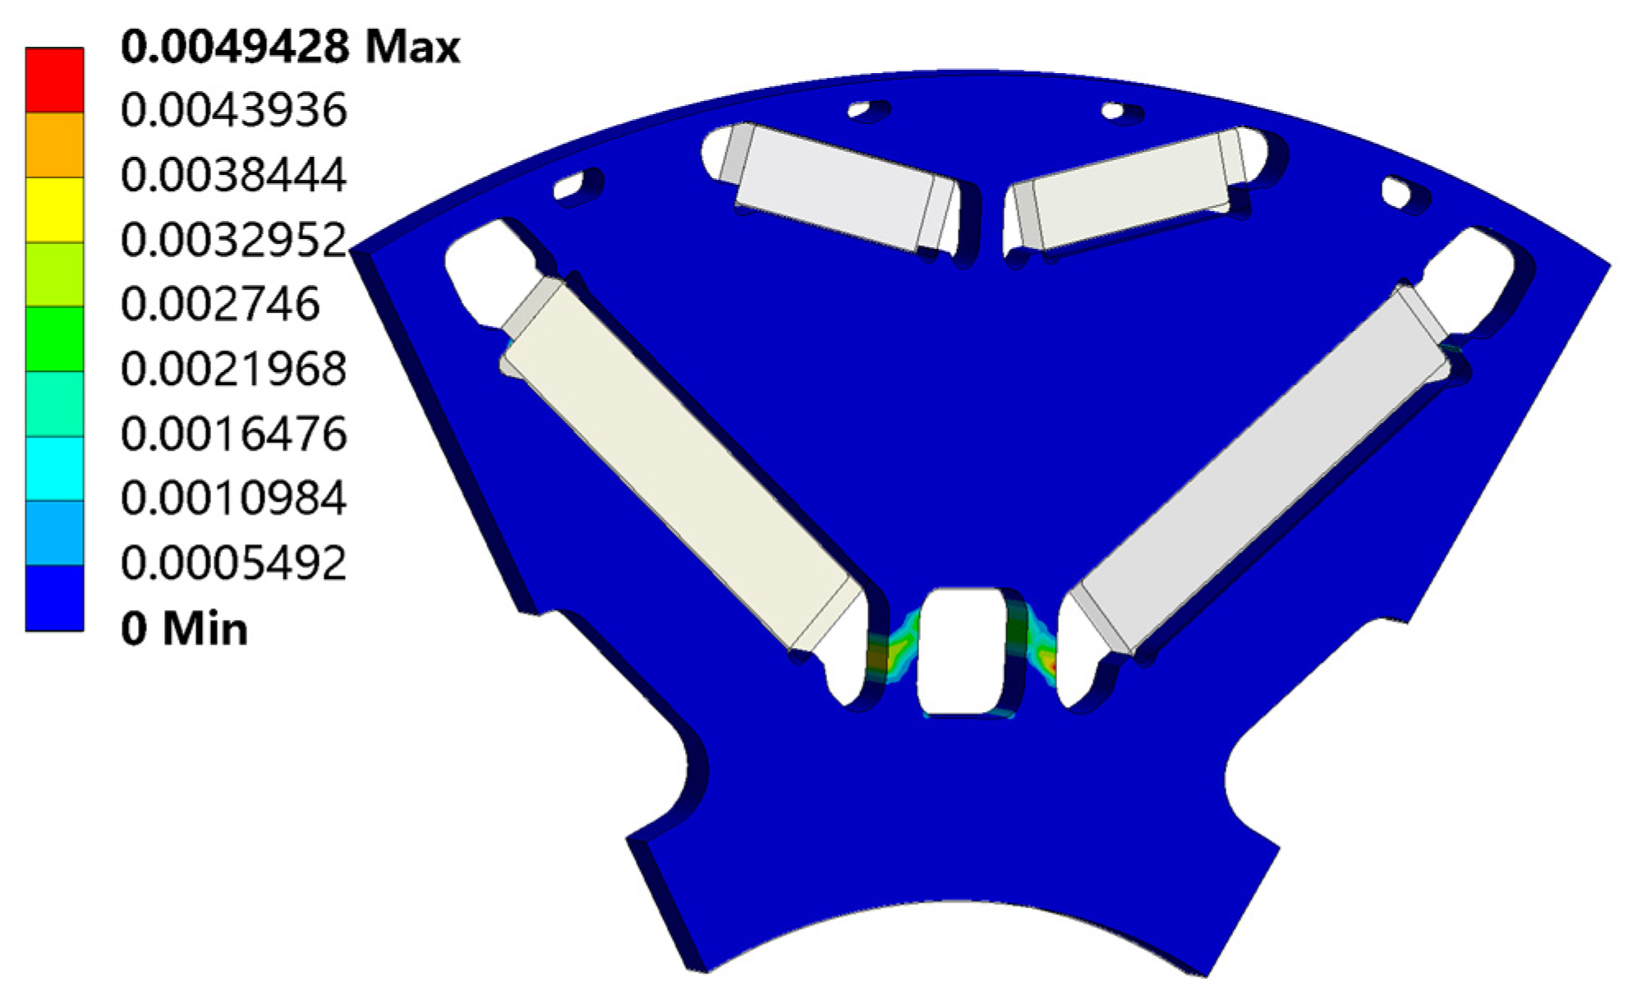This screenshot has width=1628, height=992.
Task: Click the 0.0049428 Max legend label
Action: click(x=289, y=47)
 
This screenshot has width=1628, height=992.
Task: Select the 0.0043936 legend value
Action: click(x=233, y=110)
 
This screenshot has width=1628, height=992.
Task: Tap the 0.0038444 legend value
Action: click(x=233, y=175)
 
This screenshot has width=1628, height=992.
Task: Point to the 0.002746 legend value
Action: click(x=219, y=305)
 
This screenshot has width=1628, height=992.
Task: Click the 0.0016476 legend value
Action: click(x=233, y=434)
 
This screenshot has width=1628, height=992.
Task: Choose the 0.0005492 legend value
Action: click(x=233, y=563)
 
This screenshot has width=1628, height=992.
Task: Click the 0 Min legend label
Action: click(x=184, y=629)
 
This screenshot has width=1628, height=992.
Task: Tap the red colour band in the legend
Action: click(x=54, y=80)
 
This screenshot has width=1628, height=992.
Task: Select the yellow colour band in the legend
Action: click(x=54, y=209)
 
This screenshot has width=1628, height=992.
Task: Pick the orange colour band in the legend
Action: click(x=54, y=145)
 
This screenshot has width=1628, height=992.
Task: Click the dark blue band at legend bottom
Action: click(x=54, y=598)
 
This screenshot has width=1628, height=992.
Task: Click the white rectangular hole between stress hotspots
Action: click(x=963, y=650)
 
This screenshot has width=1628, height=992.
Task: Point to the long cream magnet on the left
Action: click(x=682, y=464)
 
